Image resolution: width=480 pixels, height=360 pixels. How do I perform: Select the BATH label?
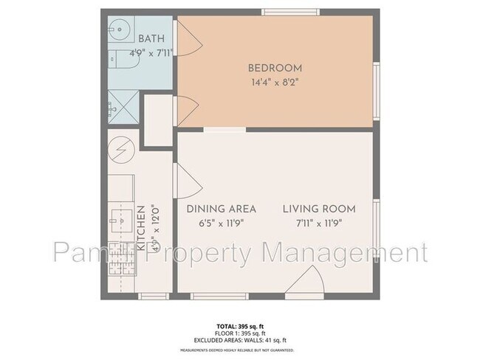[152, 38]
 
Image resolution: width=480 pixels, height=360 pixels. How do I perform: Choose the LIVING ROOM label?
[319, 209]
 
